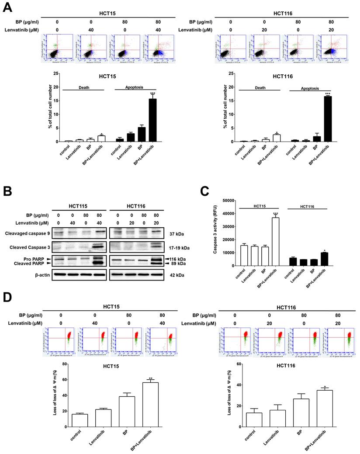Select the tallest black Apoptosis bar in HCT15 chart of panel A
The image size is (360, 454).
click(152, 120)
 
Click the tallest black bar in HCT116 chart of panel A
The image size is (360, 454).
click(326, 119)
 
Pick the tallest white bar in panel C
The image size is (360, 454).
click(276, 239)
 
